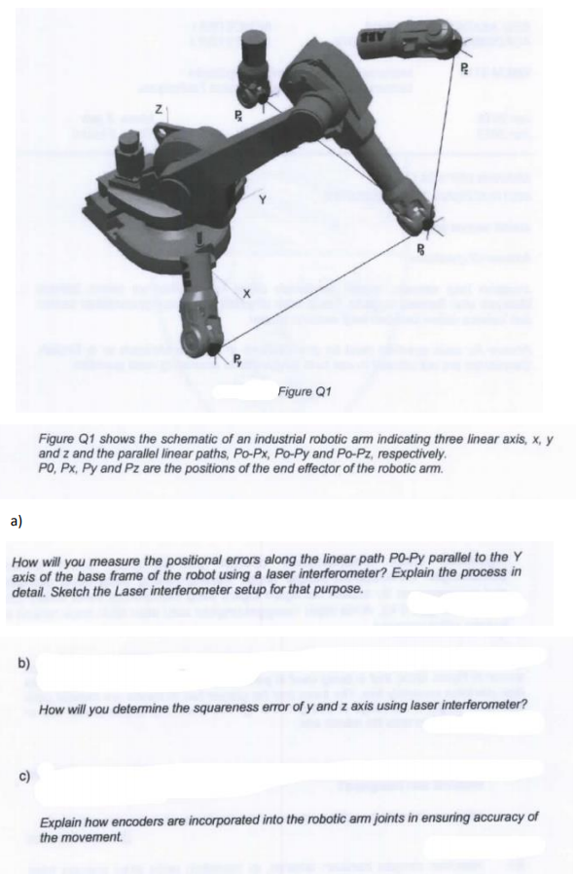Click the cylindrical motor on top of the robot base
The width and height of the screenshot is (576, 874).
[127, 153]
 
